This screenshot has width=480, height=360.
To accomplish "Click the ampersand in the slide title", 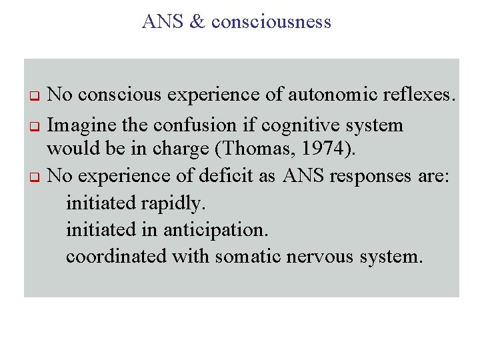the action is pos(198,22).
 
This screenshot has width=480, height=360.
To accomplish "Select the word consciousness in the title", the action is pos(271,22).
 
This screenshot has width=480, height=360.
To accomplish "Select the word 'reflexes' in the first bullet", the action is pos(419,95).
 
